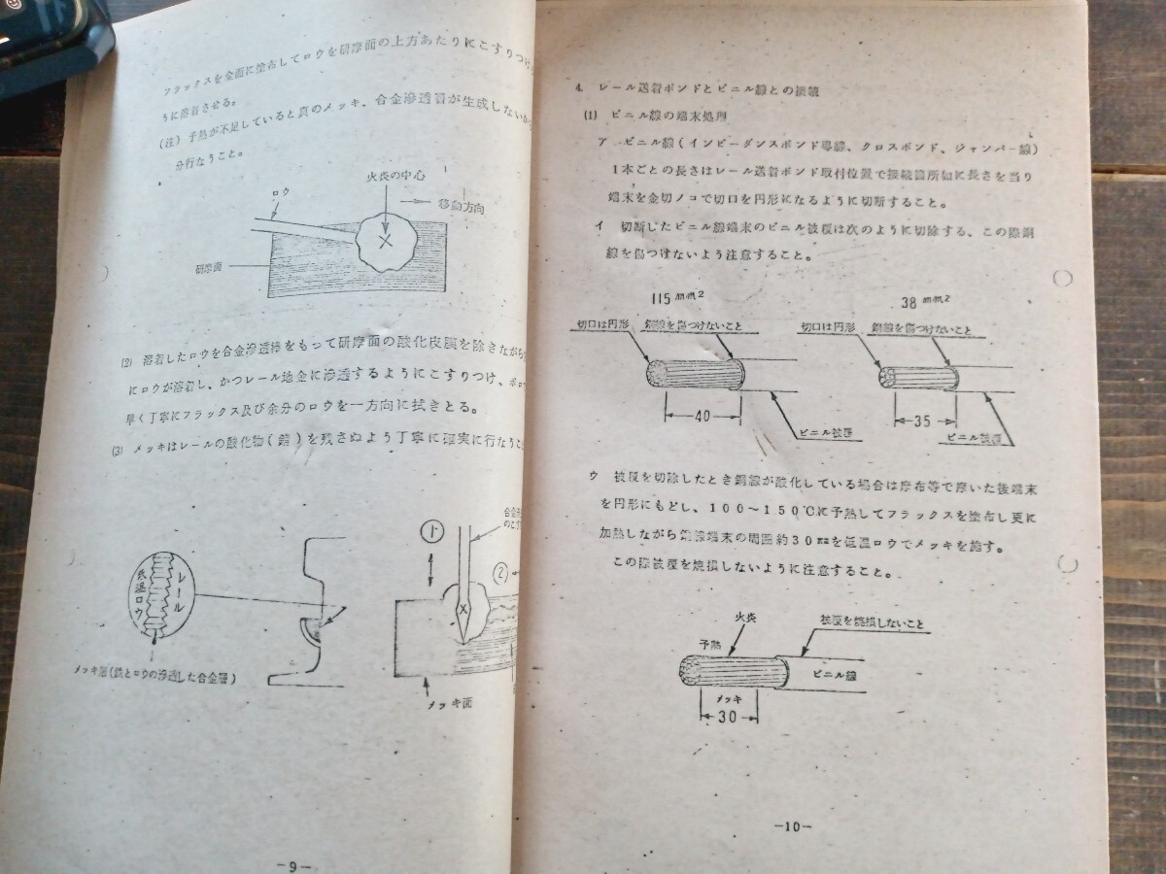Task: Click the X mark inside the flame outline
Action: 386,240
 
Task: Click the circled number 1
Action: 432,532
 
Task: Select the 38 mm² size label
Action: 926,300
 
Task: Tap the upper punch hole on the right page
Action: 1062,279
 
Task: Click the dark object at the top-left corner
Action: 49,39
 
